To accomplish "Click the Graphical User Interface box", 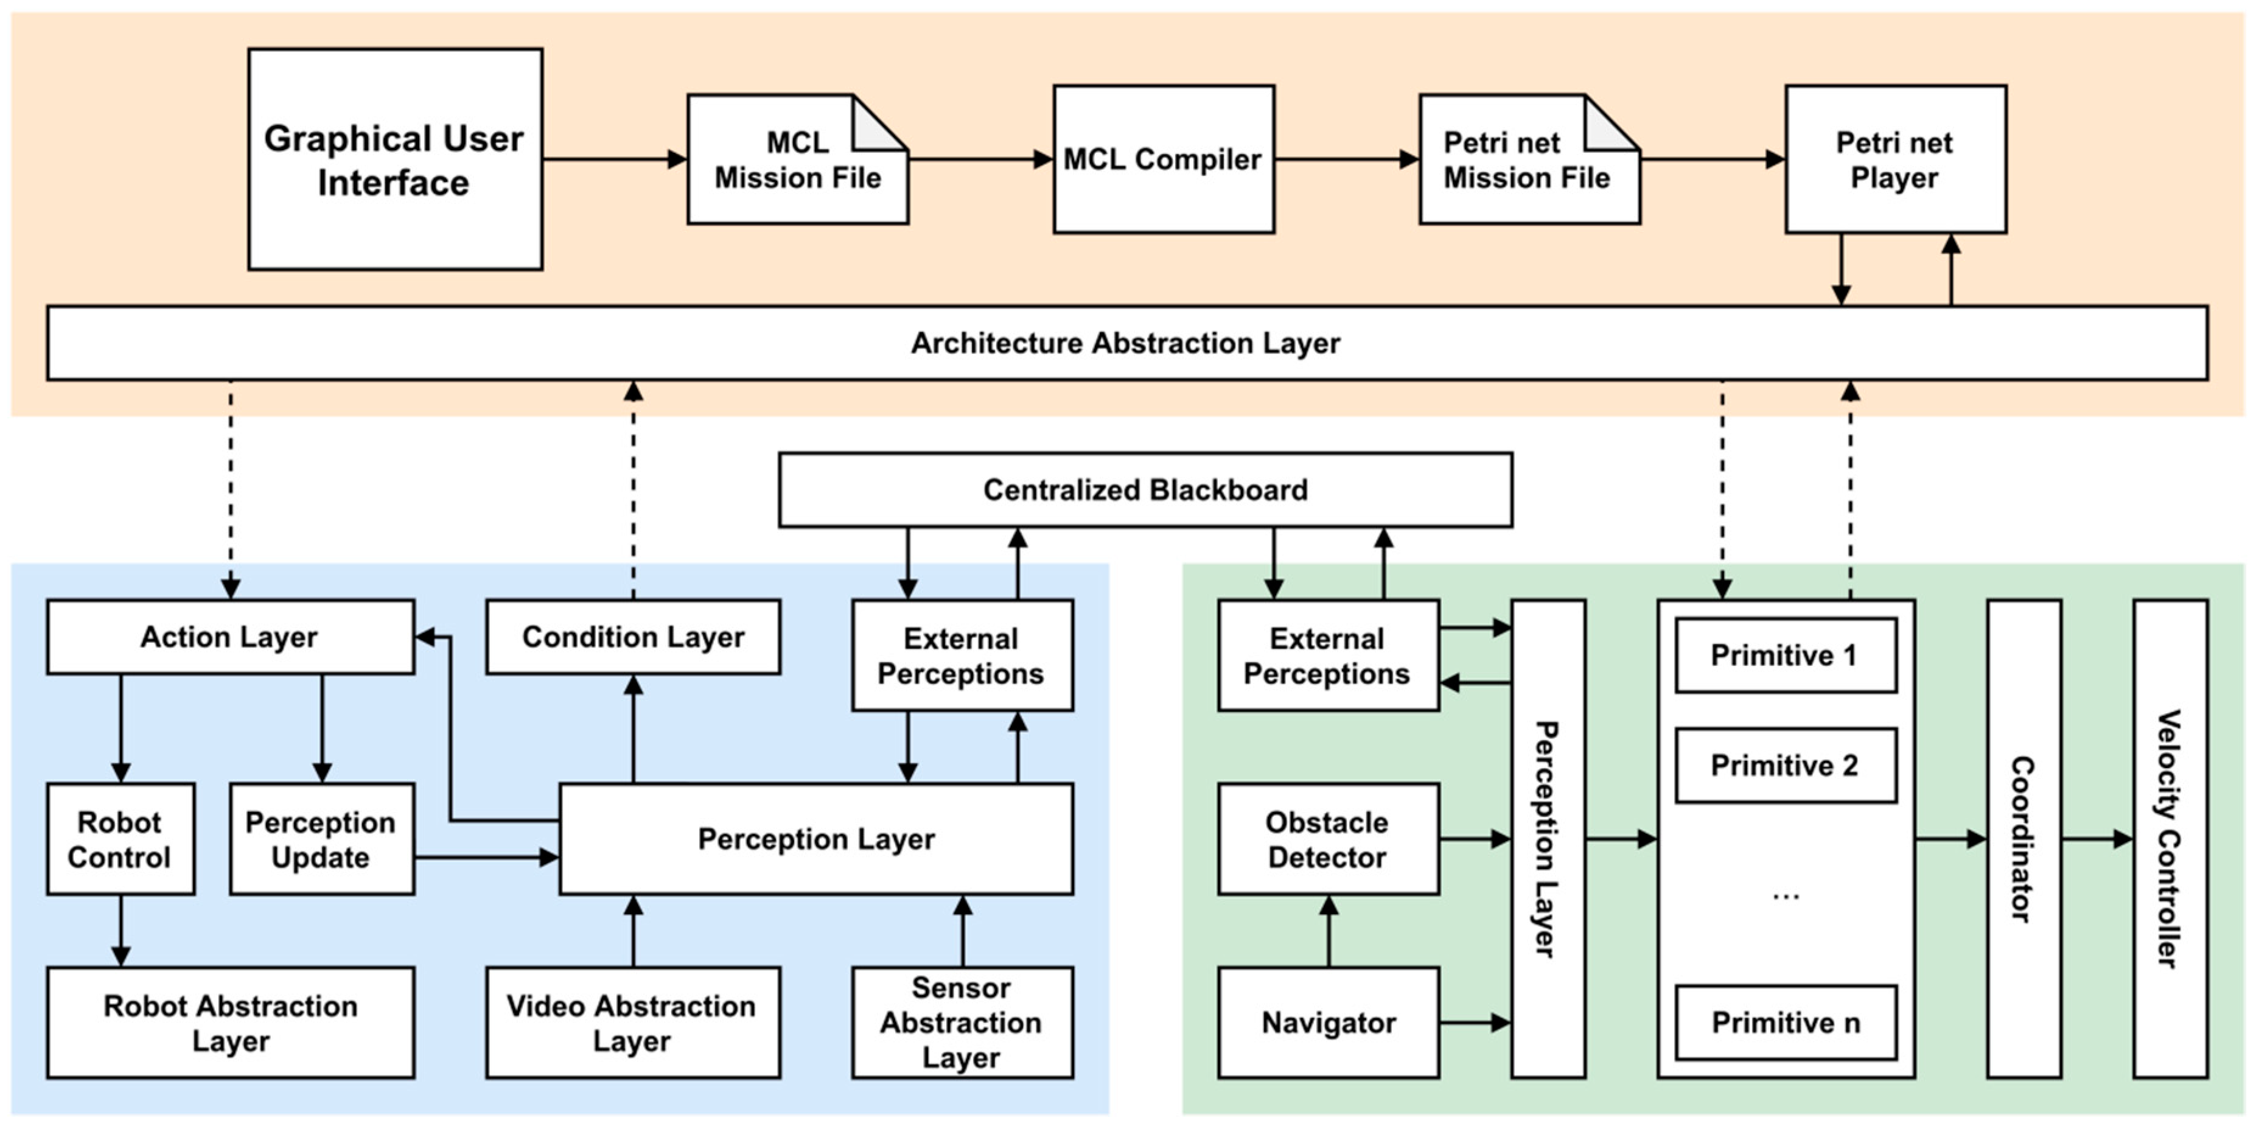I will pyautogui.click(x=395, y=159).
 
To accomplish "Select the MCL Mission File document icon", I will pyautogui.click(x=797, y=160).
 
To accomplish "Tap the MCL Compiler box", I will pyautogui.click(x=1163, y=159).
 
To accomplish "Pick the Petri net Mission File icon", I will pyautogui.click(x=1528, y=160).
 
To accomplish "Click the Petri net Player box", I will pyautogui.click(x=1895, y=159).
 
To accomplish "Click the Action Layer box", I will pyautogui.click(x=230, y=637).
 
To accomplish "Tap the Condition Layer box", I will pyautogui.click(x=632, y=637).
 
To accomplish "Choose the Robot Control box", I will pyautogui.click(x=120, y=839).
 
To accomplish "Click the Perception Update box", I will pyautogui.click(x=321, y=839).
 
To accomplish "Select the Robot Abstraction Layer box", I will pyautogui.click(x=230, y=1023).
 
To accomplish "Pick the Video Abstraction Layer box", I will pyautogui.click(x=632, y=1023).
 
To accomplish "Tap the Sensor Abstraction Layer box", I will pyautogui.click(x=962, y=1023).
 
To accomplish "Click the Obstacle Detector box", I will pyautogui.click(x=1328, y=839).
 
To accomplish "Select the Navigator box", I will pyautogui.click(x=1328, y=1023).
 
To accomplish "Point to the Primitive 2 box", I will pyautogui.click(x=1785, y=765).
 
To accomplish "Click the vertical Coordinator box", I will pyautogui.click(x=2023, y=839).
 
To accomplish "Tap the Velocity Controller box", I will pyautogui.click(x=2170, y=839).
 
